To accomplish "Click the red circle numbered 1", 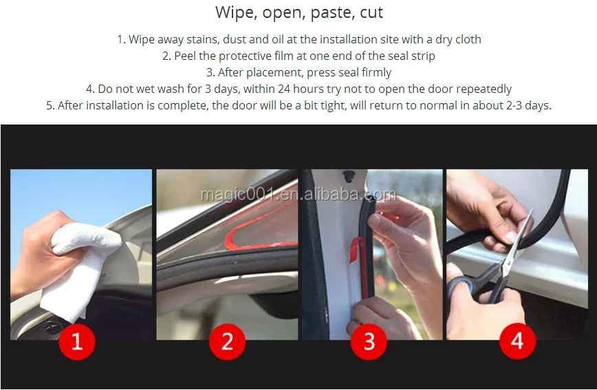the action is [77, 341].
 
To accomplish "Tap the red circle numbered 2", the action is [227, 341].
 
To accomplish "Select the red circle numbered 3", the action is [369, 341].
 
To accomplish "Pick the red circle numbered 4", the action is [517, 340].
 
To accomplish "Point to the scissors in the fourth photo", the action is [491, 267].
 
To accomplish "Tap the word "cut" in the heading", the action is [371, 12].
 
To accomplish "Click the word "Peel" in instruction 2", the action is [184, 56].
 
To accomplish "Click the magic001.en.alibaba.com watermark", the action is [298, 195].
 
